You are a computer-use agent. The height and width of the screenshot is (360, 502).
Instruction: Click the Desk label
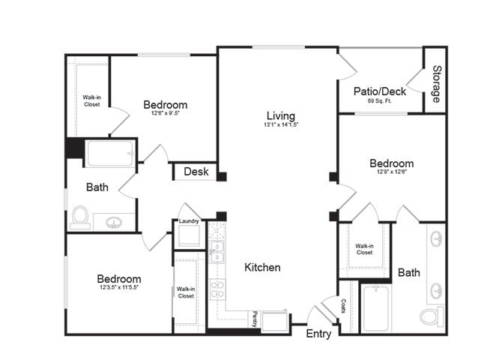[x=196, y=172]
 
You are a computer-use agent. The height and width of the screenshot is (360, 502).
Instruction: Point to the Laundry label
[x=188, y=221]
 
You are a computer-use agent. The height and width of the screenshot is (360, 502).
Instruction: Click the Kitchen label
[x=262, y=267]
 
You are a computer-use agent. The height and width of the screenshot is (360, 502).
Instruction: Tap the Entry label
[x=318, y=334]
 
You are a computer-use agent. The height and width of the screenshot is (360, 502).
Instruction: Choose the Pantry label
[x=255, y=319]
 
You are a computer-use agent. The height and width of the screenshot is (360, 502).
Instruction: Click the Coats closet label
[x=344, y=307]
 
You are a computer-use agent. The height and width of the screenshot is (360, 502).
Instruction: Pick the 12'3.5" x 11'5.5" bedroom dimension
[x=118, y=287]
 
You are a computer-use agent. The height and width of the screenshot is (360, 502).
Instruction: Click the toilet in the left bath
[x=80, y=217]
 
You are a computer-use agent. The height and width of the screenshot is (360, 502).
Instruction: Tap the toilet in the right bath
[x=432, y=316]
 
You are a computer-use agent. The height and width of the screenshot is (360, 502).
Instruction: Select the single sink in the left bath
[x=115, y=223]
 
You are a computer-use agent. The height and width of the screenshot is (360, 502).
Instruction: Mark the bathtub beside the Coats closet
[x=377, y=307]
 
